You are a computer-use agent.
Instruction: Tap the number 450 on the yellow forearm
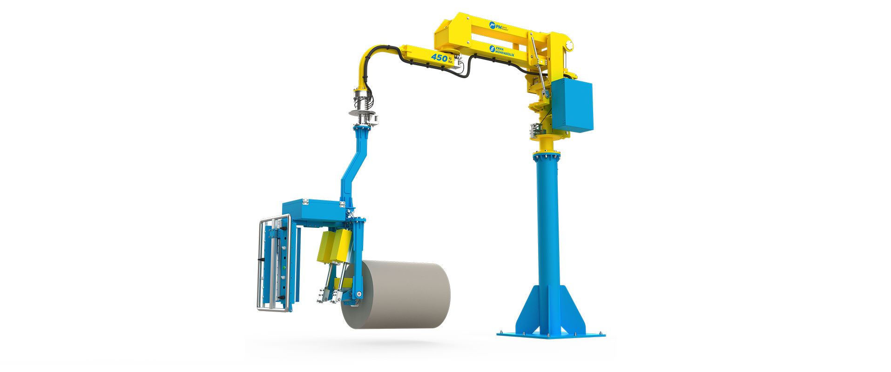click(439, 58)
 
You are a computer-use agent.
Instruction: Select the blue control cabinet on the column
click(573, 105)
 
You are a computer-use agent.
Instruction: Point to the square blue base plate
click(551, 334)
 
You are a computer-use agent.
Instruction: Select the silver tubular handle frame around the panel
click(261, 265)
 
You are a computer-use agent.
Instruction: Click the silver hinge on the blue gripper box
click(305, 201)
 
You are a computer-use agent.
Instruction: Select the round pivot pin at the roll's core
click(358, 294)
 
